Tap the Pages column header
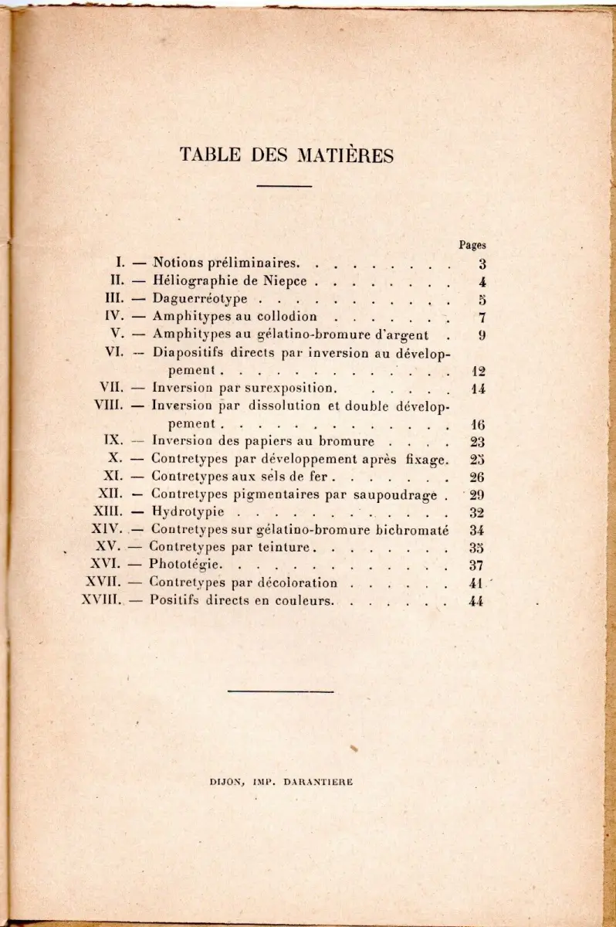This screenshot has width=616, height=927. tap(472, 245)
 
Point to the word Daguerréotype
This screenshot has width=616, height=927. tap(200, 299)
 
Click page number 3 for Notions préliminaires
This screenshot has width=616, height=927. tap(481, 263)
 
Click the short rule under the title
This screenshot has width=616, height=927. tap(283, 185)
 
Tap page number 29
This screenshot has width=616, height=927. tap(476, 494)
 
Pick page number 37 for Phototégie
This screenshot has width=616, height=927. tap(476, 565)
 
